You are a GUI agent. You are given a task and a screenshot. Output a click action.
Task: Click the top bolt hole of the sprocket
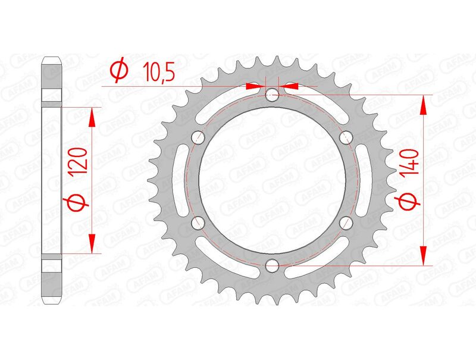pyautogui.click(x=272, y=93)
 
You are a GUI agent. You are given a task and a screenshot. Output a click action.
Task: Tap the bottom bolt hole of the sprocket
pyautogui.click(x=272, y=265)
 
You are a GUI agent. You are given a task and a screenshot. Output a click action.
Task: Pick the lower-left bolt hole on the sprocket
pyautogui.click(x=198, y=222)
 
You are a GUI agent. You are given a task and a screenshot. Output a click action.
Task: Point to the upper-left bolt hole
pyautogui.click(x=198, y=137)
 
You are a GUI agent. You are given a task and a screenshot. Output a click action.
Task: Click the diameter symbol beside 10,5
pyautogui.click(x=118, y=71)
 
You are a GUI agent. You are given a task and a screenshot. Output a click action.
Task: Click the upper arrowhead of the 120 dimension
pyautogui.click(x=92, y=118)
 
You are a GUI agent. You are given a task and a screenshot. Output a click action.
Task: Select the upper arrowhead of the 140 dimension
pyautogui.click(x=423, y=105)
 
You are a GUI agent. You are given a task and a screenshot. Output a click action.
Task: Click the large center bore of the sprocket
pyautogui.click(x=272, y=179)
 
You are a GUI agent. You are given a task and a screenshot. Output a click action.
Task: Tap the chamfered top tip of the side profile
pyautogui.click(x=52, y=60)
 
